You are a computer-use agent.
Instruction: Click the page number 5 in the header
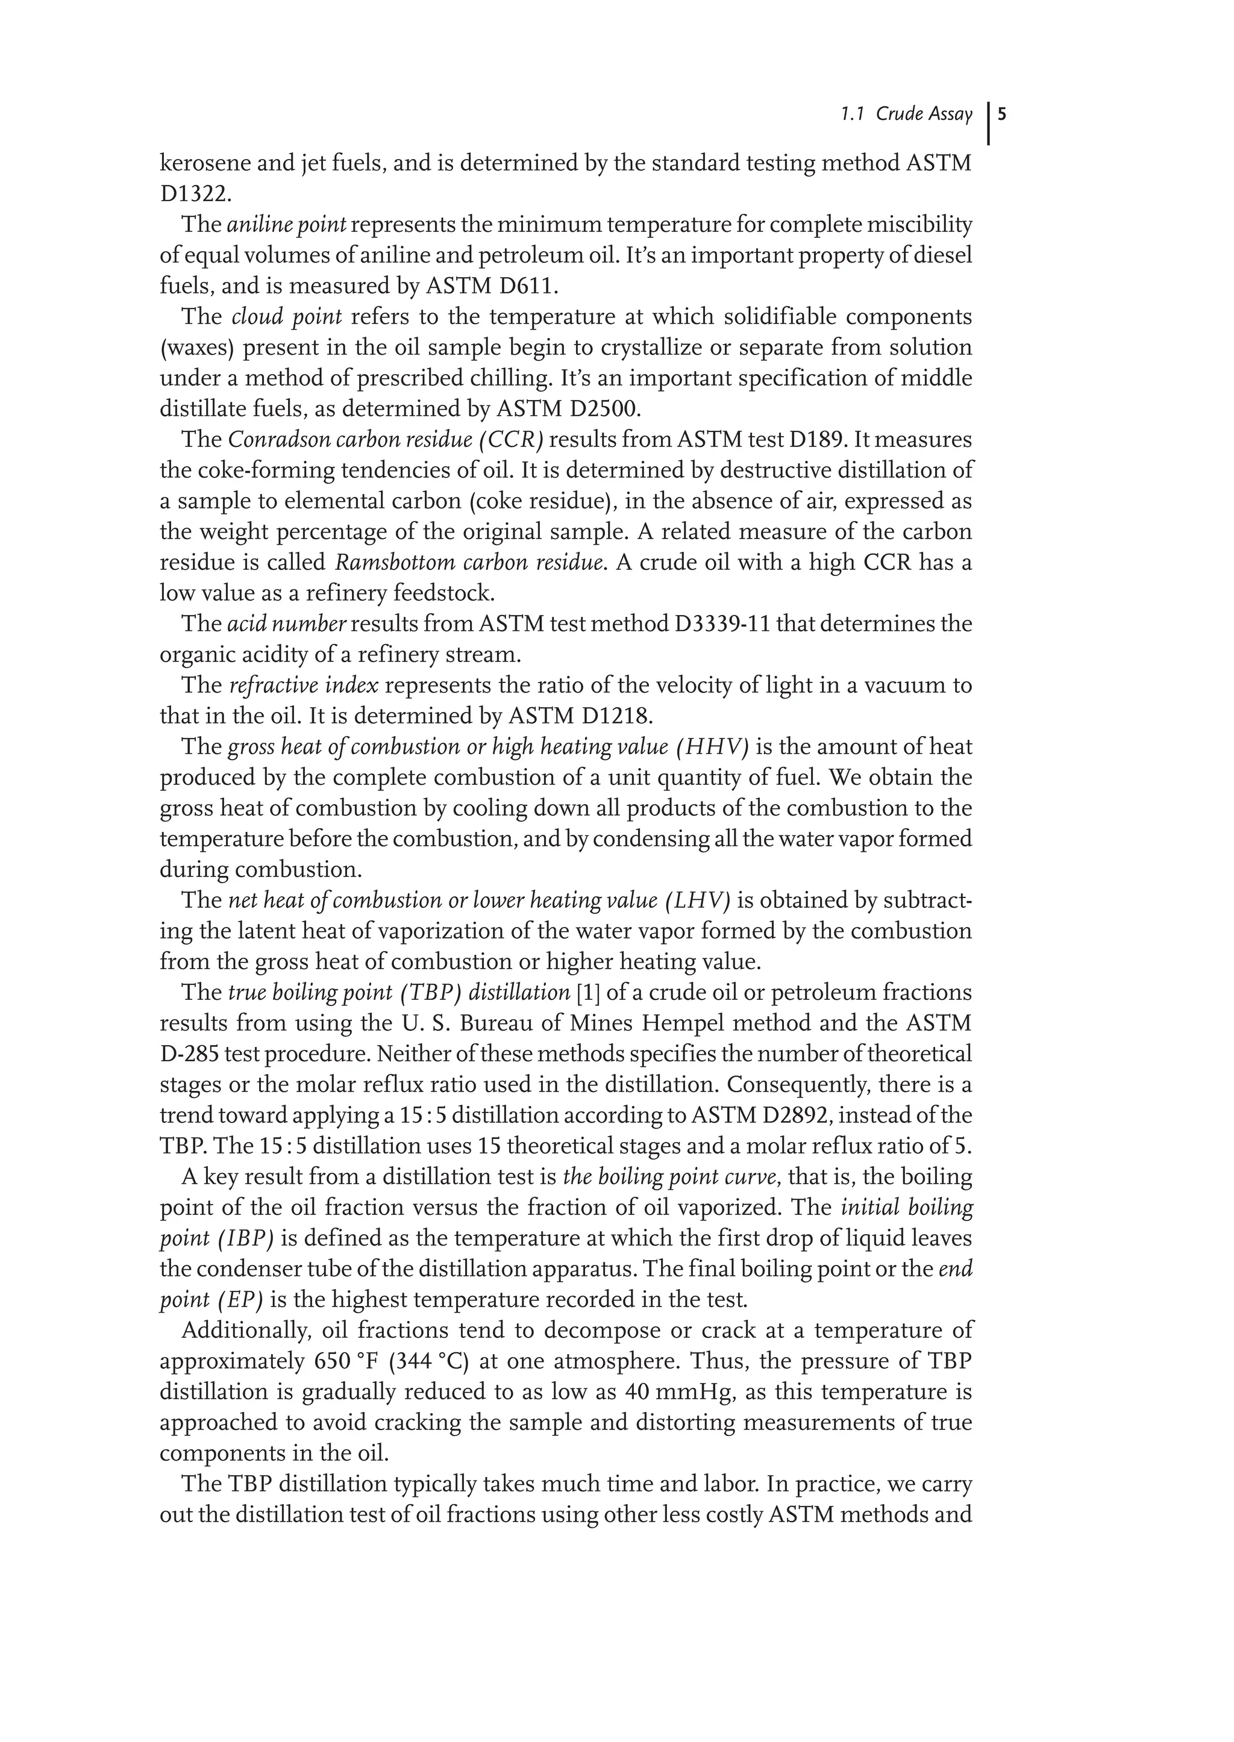[1002, 114]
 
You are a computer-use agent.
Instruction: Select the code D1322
[194, 195]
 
